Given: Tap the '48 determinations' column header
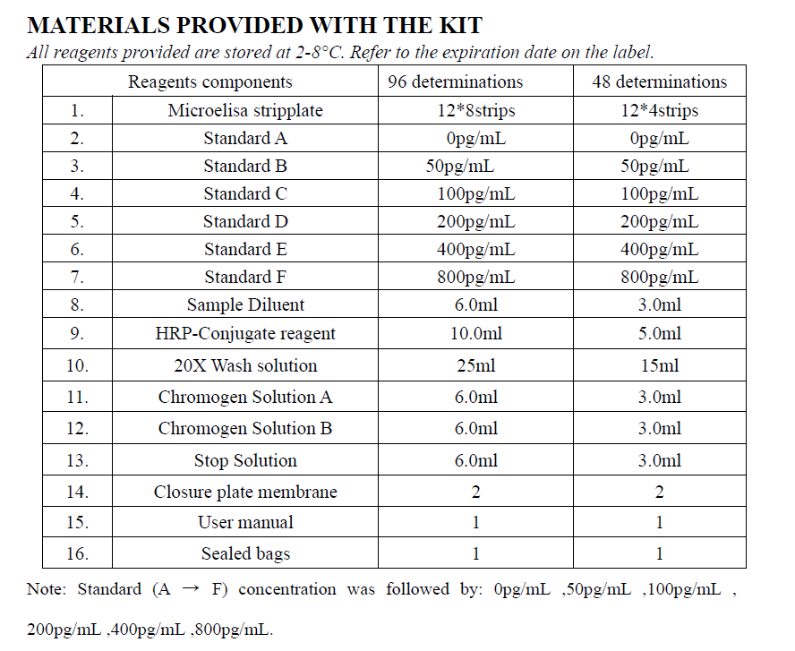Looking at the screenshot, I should [659, 82].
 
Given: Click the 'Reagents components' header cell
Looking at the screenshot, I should [210, 82].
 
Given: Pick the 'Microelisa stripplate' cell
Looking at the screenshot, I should [245, 111].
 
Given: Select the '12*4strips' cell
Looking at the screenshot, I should [659, 111].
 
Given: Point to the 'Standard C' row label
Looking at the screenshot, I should [245, 194].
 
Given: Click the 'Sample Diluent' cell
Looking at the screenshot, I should [245, 305].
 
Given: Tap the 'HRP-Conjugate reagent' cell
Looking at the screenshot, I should [245, 334].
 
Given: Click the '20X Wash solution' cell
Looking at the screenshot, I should [245, 365].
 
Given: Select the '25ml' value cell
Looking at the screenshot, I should [475, 365].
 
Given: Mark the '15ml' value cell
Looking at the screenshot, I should [660, 365].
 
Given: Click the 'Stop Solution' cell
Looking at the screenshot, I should [245, 461].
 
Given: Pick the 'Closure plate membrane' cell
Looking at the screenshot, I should [245, 493].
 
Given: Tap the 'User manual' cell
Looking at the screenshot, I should [245, 523].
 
